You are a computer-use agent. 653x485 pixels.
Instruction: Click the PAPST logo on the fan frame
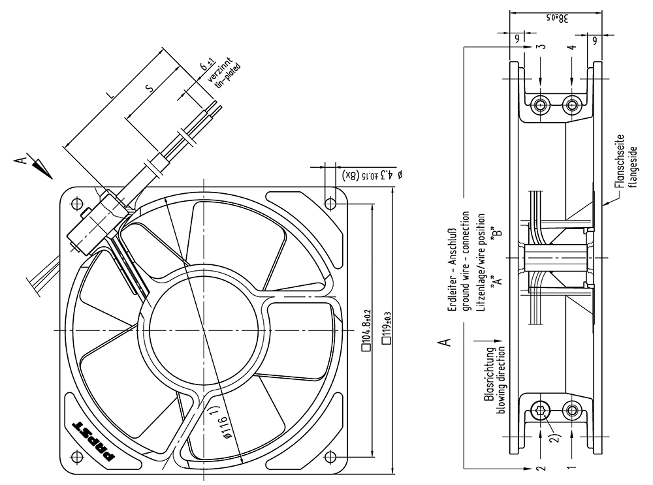pyautogui.click(x=93, y=441)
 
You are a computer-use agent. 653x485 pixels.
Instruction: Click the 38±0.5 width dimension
pyautogui.click(x=558, y=18)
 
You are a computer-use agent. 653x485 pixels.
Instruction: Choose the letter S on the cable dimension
pyautogui.click(x=150, y=87)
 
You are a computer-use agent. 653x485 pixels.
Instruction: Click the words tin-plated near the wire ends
pyautogui.click(x=228, y=75)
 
